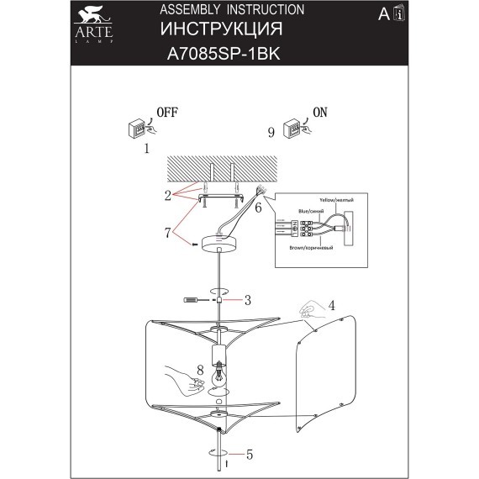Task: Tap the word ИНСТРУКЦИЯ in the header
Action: pyautogui.click(x=221, y=31)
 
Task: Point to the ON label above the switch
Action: pyautogui.click(x=320, y=111)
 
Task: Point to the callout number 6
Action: pyautogui.click(x=259, y=205)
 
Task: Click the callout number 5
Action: pyautogui.click(x=250, y=455)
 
